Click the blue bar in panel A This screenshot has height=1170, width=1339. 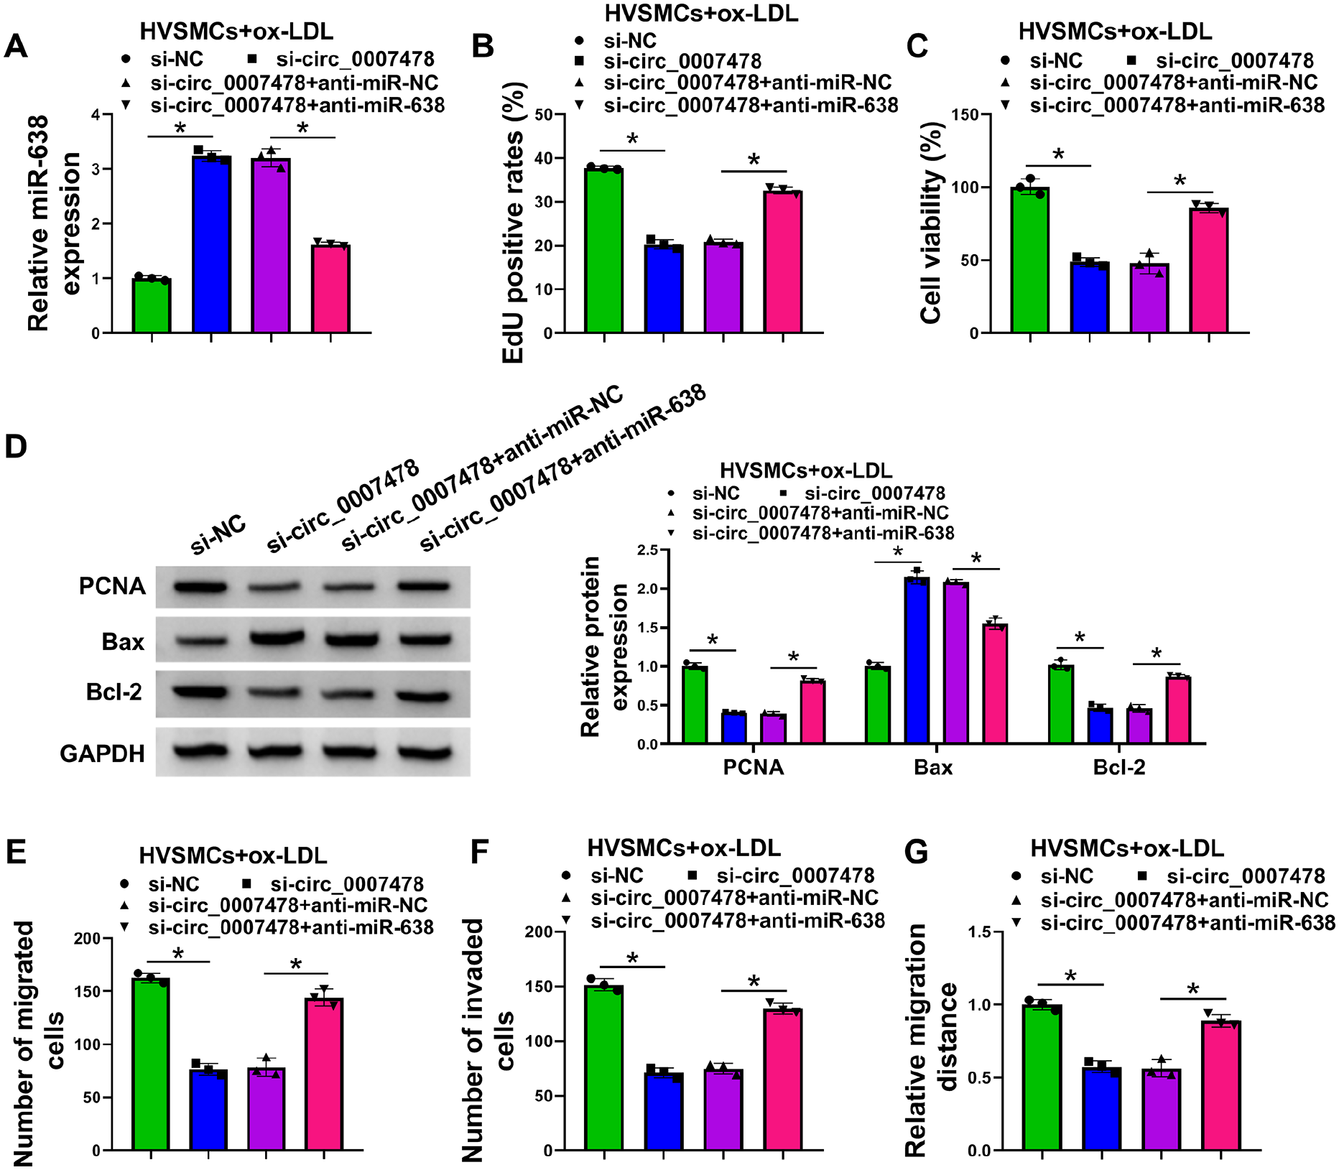(211, 244)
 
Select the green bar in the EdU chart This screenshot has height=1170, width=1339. (604, 251)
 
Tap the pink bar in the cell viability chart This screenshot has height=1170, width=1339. (1209, 270)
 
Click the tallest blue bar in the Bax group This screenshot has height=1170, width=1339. (917, 660)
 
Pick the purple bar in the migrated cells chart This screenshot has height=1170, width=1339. (267, 1109)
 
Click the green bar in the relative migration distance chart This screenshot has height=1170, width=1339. (1042, 1077)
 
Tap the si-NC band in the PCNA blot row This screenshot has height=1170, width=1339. (201, 587)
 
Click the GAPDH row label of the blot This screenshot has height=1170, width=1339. (103, 753)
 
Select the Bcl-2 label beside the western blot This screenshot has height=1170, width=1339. (113, 692)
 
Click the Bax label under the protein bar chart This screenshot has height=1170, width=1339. (933, 767)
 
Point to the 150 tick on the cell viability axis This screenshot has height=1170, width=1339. (965, 115)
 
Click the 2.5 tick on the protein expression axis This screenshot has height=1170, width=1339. (647, 550)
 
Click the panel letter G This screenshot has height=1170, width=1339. (916, 852)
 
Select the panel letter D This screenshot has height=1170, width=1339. (16, 446)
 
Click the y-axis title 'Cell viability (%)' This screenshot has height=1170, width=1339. (931, 223)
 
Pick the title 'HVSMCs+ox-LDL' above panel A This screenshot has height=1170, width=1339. (236, 32)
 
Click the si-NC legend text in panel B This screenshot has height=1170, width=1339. (630, 41)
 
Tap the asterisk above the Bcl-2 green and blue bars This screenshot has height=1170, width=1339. (1080, 638)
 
